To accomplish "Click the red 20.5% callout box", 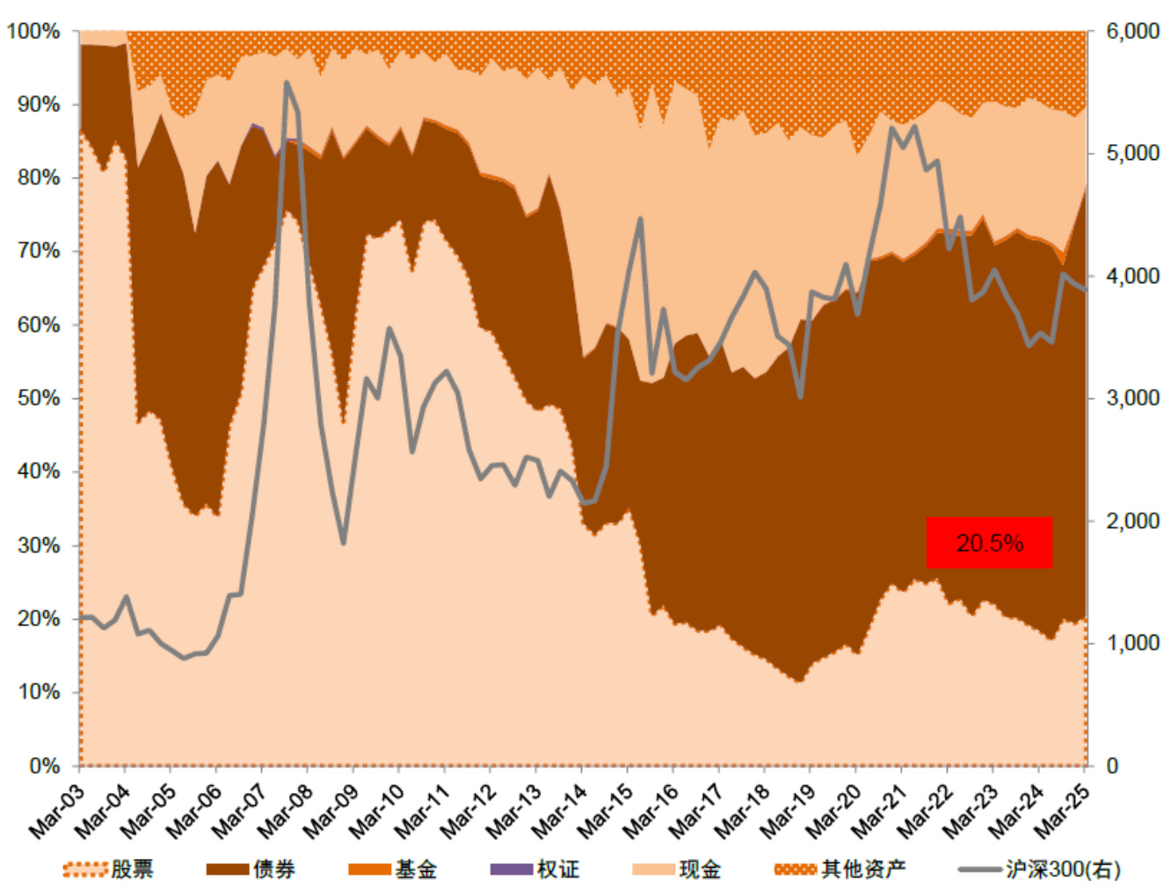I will (989, 542).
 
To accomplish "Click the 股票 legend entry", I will (109, 869).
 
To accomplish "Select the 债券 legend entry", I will (251, 869).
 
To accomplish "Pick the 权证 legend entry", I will (535, 869).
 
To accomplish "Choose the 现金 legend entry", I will (677, 869).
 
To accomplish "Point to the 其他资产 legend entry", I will (840, 869).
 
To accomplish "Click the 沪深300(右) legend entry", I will (1040, 869).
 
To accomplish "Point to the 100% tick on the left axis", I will (33, 32).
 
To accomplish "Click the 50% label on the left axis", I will (39, 398).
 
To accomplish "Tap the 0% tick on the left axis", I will (44, 766).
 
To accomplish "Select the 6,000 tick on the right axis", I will (1132, 32).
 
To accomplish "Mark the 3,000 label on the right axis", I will (1132, 398).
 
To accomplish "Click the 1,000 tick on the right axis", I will (1132, 643).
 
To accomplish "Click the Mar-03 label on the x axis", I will (57, 810).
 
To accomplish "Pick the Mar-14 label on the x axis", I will (560, 810).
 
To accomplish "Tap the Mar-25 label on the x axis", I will (1063, 810).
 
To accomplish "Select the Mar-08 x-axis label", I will (286, 810).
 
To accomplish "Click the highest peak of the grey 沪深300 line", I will (287, 84).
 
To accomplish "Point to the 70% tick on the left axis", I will (39, 251).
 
